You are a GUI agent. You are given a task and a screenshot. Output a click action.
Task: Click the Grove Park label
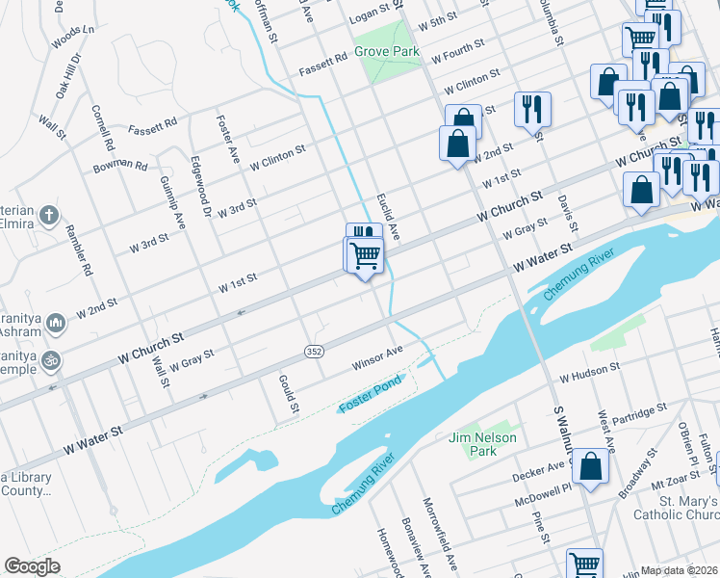click(x=387, y=50)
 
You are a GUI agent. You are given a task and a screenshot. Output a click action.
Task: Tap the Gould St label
click(x=288, y=392)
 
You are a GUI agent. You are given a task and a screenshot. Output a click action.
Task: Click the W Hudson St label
click(x=589, y=371)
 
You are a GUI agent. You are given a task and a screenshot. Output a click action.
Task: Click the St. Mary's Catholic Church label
click(x=675, y=509)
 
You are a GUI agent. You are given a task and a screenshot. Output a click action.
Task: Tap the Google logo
click(x=32, y=565)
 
